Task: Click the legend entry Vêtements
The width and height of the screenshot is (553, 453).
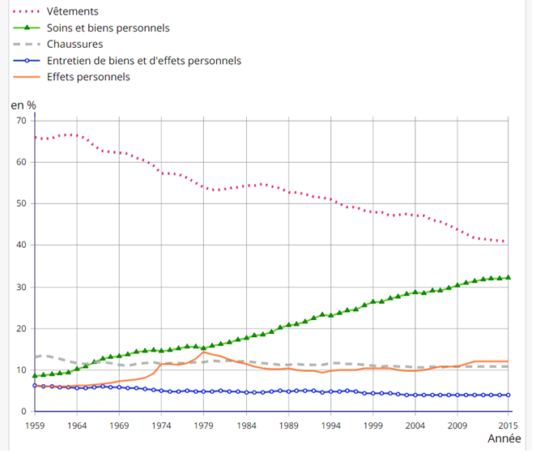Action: click(73, 11)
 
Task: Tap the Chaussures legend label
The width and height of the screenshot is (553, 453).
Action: click(74, 44)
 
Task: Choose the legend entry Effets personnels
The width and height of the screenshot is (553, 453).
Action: click(88, 77)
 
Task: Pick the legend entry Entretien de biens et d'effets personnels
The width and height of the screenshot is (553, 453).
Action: click(143, 61)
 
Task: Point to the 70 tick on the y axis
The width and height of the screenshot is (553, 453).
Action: click(21, 121)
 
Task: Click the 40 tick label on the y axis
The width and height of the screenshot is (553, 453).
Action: click(21, 246)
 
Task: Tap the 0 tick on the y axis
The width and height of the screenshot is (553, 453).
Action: click(24, 412)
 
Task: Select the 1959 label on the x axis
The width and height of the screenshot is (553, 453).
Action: click(36, 425)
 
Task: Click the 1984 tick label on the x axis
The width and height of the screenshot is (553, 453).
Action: click(246, 425)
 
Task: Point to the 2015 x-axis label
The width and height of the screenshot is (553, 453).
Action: click(508, 425)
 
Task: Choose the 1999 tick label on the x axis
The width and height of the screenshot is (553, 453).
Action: click(372, 425)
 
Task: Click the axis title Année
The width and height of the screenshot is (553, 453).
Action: click(504, 438)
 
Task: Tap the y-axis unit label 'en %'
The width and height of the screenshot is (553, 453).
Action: click(23, 105)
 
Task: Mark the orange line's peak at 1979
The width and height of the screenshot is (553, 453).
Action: click(204, 352)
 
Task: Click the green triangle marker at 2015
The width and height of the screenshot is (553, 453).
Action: click(508, 277)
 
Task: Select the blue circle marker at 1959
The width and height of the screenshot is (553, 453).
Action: click(36, 386)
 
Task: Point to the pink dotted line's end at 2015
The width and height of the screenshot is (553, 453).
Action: click(507, 241)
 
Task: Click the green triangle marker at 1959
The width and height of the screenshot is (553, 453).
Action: click(36, 375)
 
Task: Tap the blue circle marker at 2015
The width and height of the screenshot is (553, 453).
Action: click(508, 395)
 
